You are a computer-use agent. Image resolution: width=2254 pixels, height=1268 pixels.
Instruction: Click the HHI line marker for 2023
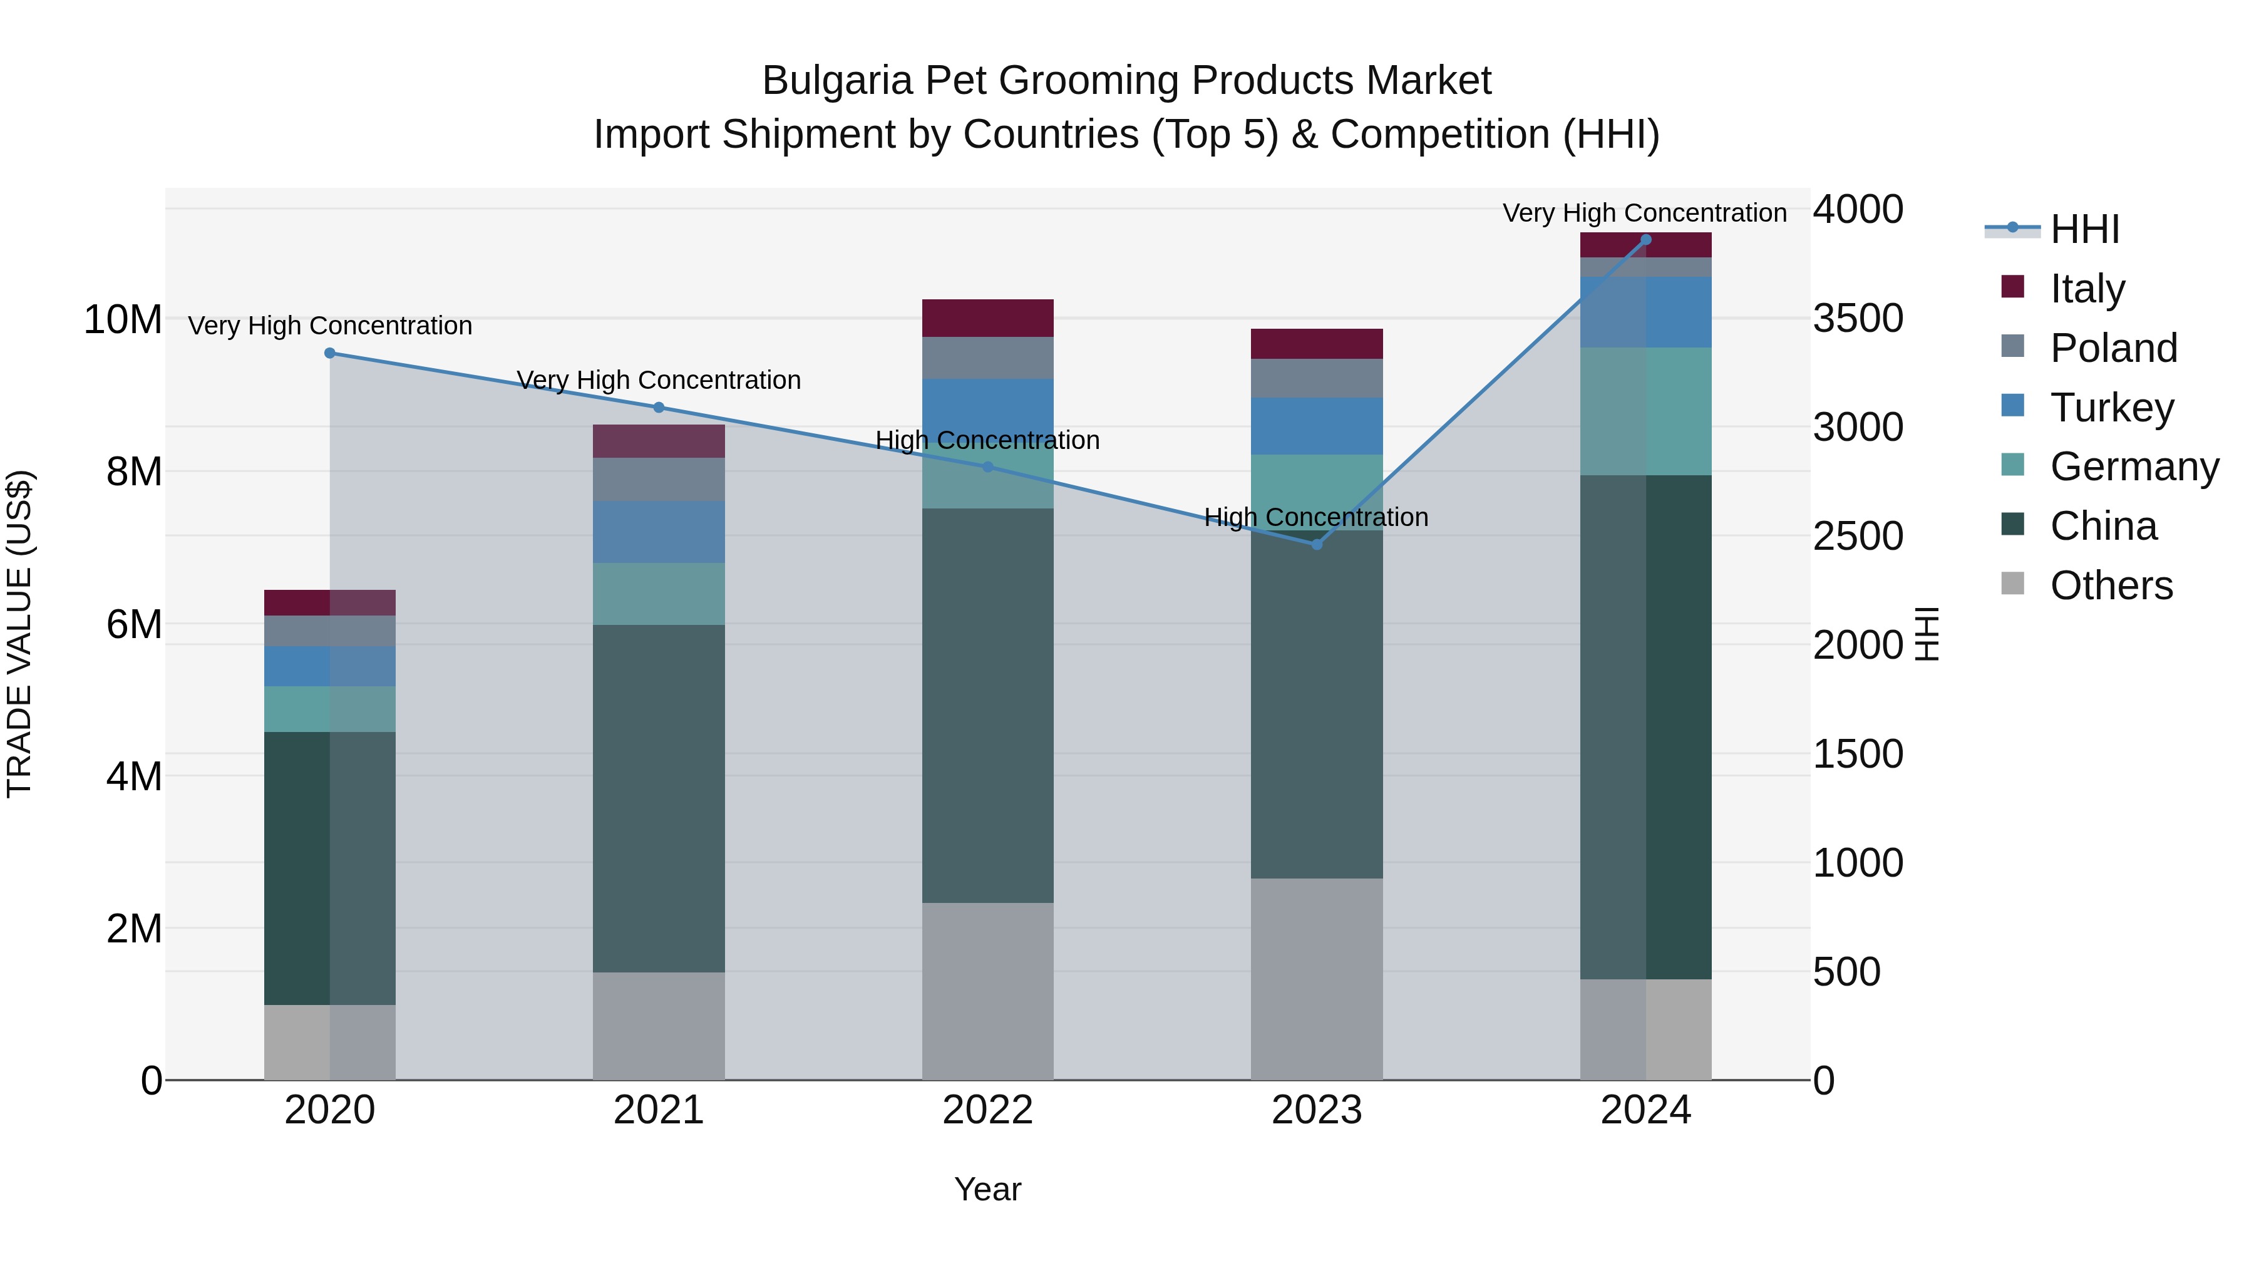[1317, 544]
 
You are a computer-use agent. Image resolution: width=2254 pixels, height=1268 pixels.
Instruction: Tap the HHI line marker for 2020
[330, 354]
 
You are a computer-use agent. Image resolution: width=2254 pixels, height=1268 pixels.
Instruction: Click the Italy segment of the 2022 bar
[988, 319]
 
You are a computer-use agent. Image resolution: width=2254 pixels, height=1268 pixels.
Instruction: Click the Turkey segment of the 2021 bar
[659, 532]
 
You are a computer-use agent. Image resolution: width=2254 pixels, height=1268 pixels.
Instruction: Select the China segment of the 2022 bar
[988, 705]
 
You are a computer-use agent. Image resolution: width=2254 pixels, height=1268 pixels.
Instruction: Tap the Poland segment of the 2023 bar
[1317, 378]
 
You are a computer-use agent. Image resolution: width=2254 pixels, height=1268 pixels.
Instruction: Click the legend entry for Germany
[2134, 466]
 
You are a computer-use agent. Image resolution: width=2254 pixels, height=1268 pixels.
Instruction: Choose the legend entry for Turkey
[2111, 408]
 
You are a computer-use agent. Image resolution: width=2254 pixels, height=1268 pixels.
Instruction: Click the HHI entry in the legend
[2084, 229]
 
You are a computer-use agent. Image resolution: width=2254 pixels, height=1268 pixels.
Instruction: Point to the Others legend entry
[2111, 585]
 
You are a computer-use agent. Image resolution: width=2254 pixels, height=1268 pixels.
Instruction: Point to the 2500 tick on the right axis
[1858, 537]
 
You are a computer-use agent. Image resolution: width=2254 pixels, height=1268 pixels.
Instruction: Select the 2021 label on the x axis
[659, 1110]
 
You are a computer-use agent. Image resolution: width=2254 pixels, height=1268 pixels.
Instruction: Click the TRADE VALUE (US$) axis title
[19, 634]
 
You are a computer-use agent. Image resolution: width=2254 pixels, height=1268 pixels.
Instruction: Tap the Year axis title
[988, 1189]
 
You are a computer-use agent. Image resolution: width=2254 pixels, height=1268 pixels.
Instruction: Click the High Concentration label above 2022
[988, 440]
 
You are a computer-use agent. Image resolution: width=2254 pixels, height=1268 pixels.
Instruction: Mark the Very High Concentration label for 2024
[1644, 214]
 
